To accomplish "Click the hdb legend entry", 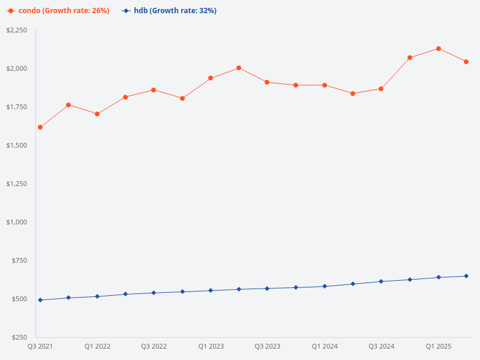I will coord(169,11).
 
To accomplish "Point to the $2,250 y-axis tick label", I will coord(16,30).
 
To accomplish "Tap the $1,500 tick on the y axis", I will coord(16,145).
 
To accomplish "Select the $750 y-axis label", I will coord(20,260).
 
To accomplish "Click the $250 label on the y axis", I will coord(20,337).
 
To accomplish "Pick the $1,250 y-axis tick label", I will coord(16,184).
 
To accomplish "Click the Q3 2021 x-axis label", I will coord(40,347).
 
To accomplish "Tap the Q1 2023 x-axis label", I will coord(211,347).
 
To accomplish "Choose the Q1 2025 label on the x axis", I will coord(439,347).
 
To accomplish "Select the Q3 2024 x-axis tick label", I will coord(382,347).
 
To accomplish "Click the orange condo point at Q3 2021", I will coord(40,127).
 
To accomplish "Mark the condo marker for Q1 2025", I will coord(439,49).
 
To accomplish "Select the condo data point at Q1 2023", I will coord(211,78).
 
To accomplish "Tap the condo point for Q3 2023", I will coord(268,82).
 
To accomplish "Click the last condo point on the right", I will coord(466,62).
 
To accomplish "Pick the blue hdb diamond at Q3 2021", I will coord(40,300).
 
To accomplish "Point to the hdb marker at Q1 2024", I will coord(325,286).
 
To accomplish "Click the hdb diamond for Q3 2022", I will coord(154,293).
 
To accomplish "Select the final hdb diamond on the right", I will coord(466,276).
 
